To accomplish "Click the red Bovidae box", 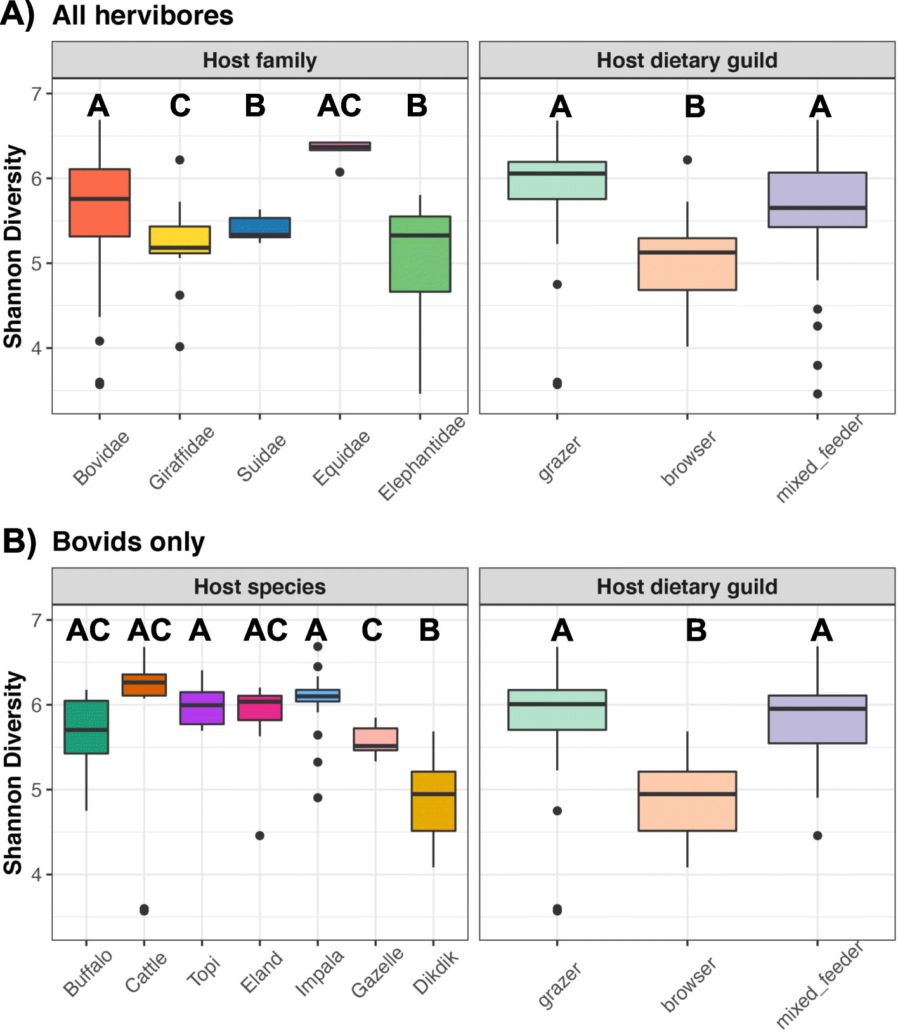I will point(100,202).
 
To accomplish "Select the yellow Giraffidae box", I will point(179,240).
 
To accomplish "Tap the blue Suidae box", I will point(259,227).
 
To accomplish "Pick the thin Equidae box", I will point(340,146).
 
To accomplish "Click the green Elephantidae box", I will point(420,254).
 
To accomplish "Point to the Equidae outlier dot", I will point(340,172).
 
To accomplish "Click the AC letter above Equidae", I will point(340,106).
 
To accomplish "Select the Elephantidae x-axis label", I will point(422,458).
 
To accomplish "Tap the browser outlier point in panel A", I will point(687,160).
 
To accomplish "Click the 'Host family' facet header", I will point(259,60).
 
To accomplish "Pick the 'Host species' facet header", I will point(259,586).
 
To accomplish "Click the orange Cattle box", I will point(144,685).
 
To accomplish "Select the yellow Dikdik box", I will point(433,801).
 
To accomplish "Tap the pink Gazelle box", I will point(375,739).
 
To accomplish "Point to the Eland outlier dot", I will point(259,835).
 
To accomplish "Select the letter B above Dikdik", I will point(429,631).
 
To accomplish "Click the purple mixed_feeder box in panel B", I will point(817,719).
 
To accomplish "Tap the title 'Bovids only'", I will point(129,542).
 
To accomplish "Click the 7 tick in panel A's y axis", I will point(37,94).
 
